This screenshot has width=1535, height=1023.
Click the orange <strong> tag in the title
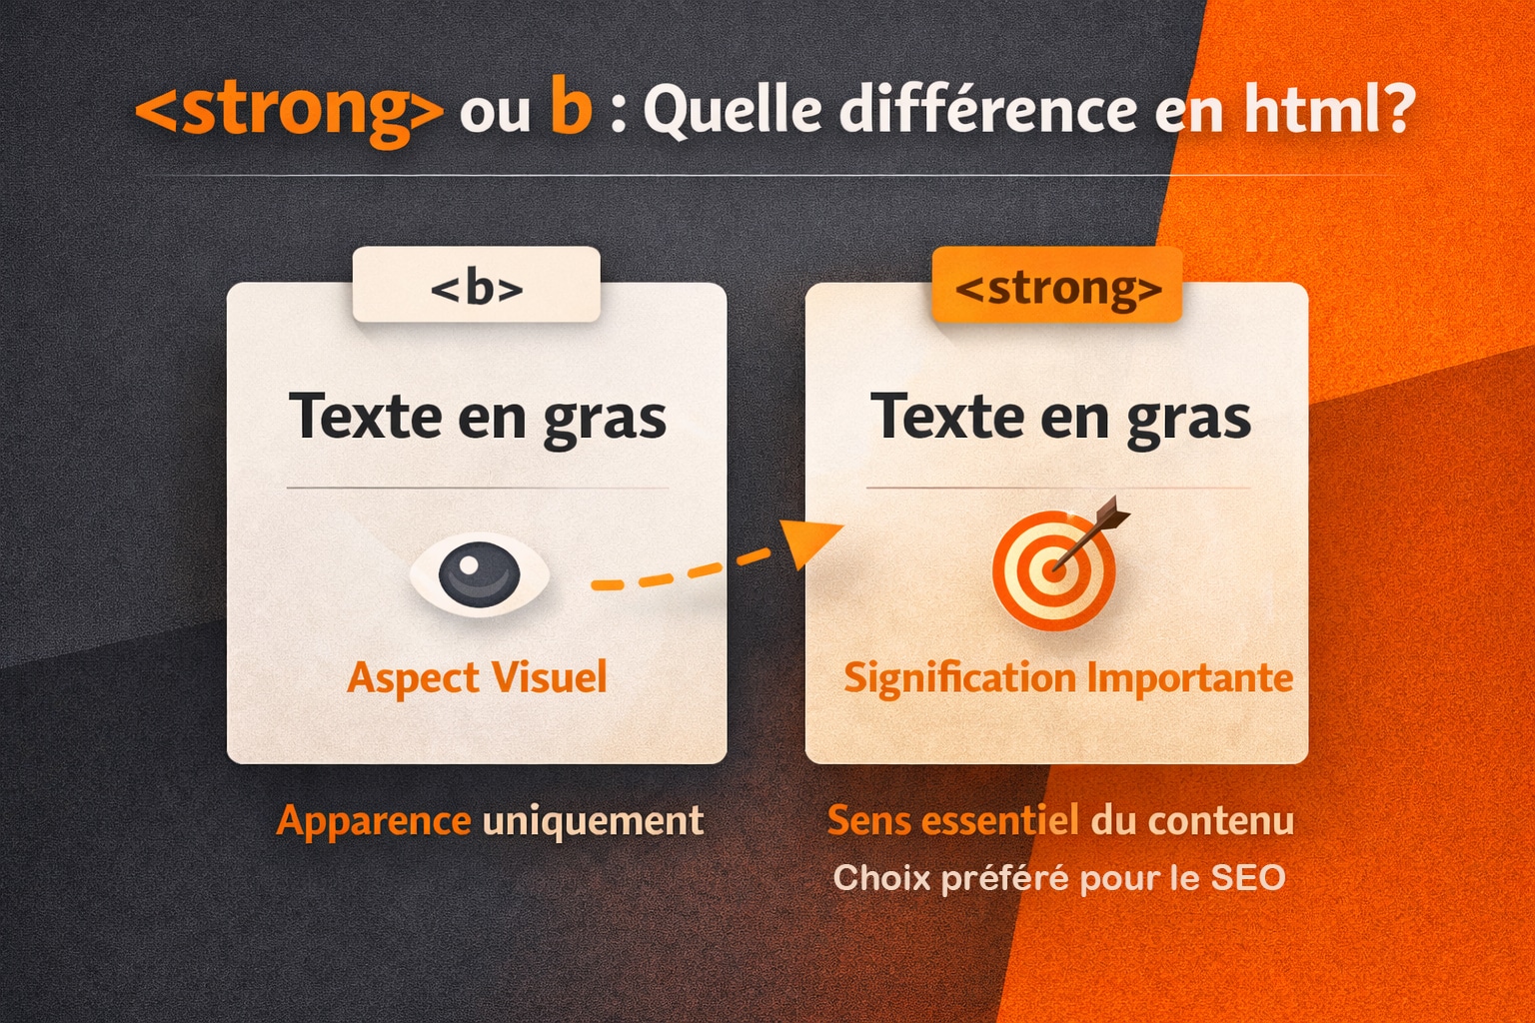289,110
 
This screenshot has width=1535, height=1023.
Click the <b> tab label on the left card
477,288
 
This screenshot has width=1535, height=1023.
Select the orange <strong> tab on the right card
1057,288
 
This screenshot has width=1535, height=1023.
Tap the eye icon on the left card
480,574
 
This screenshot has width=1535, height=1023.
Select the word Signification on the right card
959,678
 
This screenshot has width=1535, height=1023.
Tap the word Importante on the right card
1189,677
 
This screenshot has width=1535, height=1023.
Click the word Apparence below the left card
374,821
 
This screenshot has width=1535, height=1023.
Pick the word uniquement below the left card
594,821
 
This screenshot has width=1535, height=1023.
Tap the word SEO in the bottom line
1247,878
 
